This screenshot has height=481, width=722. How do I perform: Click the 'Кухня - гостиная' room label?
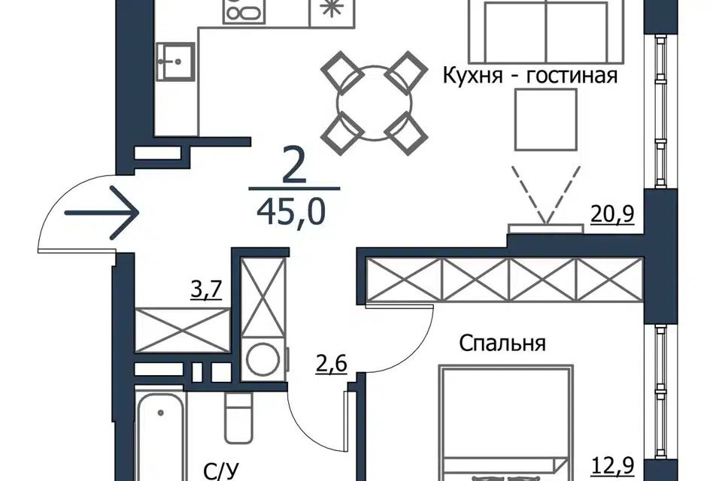click(x=530, y=75)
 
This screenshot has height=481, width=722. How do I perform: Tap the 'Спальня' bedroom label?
click(x=502, y=343)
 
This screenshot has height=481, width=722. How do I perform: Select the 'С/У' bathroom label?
click(x=221, y=471)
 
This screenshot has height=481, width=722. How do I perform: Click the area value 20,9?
click(x=612, y=213)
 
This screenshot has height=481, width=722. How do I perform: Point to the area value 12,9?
click(x=612, y=465)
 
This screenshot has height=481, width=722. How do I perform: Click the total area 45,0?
click(x=291, y=213)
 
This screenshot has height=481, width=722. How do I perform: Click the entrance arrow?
click(x=102, y=212)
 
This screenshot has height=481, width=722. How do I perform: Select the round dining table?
click(x=375, y=103)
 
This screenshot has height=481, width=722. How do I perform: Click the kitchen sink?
click(x=175, y=61)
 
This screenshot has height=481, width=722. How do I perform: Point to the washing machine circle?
click(x=263, y=358)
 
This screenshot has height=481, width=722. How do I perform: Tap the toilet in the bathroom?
click(x=238, y=418)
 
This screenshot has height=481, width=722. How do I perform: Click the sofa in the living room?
click(x=546, y=32)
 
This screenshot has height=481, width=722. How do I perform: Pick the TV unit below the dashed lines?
click(x=546, y=228)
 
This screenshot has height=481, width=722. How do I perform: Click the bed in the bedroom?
click(x=506, y=423)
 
